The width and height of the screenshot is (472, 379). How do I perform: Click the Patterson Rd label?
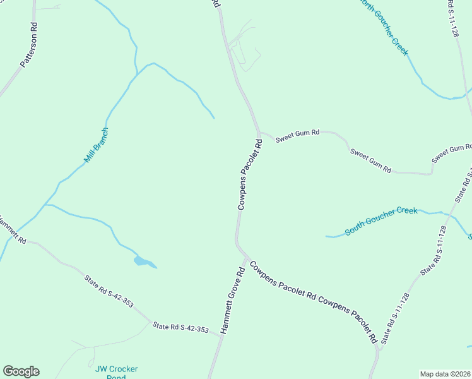coord(29,45)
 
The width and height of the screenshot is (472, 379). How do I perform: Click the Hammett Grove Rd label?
coord(232,301)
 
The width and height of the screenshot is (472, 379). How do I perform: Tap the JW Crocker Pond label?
coord(116,372)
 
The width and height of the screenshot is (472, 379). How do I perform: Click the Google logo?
coord(21,371)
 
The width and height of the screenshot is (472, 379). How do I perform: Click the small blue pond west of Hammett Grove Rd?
coord(143,262)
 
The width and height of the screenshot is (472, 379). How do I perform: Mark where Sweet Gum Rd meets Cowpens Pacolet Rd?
coord(259,133)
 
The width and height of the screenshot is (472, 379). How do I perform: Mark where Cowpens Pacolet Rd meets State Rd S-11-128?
coord(379,347)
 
